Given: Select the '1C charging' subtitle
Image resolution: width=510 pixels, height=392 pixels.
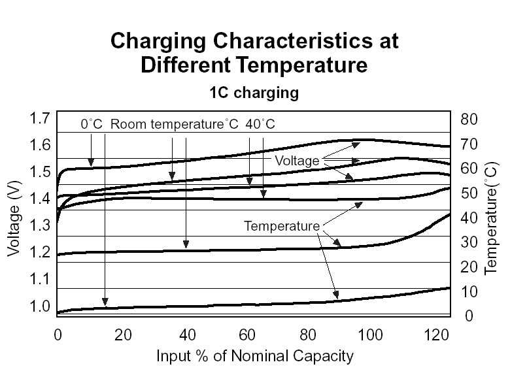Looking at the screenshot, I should [254, 93].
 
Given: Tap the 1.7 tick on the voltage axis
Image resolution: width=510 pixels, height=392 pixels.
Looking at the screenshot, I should [40, 118].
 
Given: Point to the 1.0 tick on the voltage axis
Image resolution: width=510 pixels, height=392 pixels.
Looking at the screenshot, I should [40, 306].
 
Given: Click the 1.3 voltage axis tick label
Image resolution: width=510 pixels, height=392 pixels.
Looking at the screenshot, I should [40, 226].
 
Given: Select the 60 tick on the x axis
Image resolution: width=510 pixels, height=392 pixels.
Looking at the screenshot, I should [248, 338].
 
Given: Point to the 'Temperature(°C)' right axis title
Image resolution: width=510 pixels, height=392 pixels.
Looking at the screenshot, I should [491, 219].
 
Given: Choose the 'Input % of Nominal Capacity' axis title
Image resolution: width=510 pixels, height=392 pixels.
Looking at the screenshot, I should [254, 357].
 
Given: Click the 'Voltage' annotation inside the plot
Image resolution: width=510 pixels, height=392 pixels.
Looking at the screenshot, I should [296, 161].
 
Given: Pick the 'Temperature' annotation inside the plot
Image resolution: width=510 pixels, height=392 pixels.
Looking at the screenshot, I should [281, 227].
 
